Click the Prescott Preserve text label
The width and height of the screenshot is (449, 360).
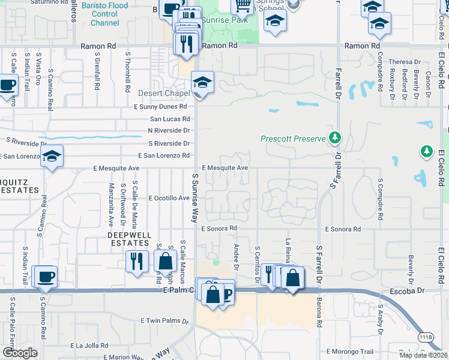[292, 139]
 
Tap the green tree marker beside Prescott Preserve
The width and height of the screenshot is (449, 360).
[334, 139]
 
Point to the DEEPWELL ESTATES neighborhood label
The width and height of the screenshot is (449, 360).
[128, 239]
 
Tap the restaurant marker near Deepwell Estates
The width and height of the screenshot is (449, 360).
[137, 261]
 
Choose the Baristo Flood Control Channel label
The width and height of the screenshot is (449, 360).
[104, 14]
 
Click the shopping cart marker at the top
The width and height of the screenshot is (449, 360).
[243, 6]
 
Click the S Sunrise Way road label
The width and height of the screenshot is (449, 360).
[195, 198]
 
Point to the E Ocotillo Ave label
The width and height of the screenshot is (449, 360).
[164, 198]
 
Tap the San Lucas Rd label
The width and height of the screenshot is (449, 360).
[170, 119]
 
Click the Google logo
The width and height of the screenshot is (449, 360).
[20, 353]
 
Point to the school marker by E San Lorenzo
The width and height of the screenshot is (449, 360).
[52, 157]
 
